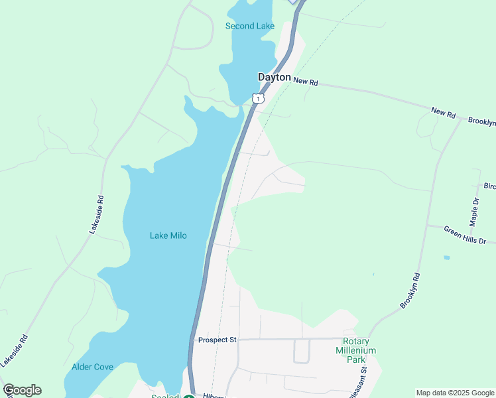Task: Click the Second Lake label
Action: pyautogui.click(x=249, y=27)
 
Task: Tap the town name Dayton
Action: pyautogui.click(x=274, y=78)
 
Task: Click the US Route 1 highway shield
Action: pyautogui.click(x=258, y=98)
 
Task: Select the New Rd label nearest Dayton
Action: pyautogui.click(x=306, y=82)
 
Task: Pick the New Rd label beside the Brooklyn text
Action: pyautogui.click(x=443, y=113)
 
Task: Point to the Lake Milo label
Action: pyautogui.click(x=168, y=235)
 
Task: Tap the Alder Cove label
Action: pyautogui.click(x=92, y=367)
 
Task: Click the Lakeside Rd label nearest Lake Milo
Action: pyautogui.click(x=97, y=214)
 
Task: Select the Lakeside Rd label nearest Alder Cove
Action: pyautogui.click(x=16, y=350)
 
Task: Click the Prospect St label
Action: pyautogui.click(x=217, y=340)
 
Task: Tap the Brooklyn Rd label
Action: pyautogui.click(x=410, y=290)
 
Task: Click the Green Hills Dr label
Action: pyautogui.click(x=465, y=235)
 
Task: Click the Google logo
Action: pyautogui.click(x=22, y=390)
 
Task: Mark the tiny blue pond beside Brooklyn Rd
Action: pyautogui.click(x=446, y=257)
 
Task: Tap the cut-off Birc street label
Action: pyautogui.click(x=489, y=186)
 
